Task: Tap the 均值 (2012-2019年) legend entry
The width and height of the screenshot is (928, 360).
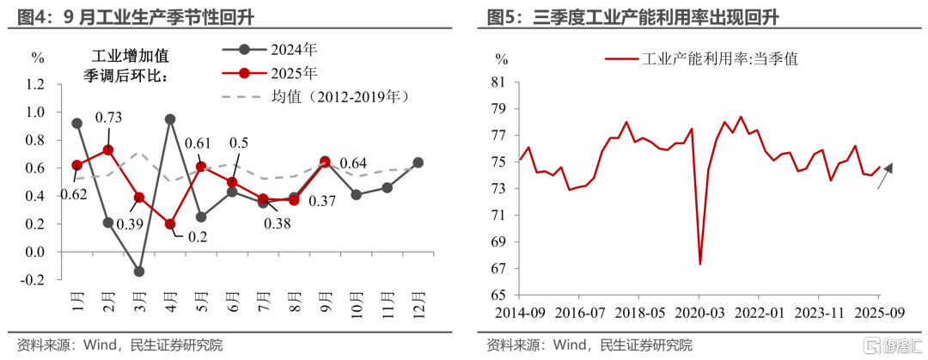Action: click(314, 96)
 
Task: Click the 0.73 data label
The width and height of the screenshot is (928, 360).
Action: click(107, 118)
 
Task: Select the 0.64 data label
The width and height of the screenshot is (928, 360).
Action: click(352, 163)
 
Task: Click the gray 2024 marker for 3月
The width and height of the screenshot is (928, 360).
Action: click(139, 272)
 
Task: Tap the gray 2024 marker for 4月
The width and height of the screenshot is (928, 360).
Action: click(170, 119)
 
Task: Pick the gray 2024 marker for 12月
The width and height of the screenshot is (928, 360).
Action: click(418, 162)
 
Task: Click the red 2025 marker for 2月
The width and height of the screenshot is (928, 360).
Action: click(108, 149)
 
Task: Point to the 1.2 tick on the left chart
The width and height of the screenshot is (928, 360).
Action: click(36, 84)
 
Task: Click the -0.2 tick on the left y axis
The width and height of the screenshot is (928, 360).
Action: click(34, 279)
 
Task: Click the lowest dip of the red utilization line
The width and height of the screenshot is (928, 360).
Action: click(700, 264)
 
